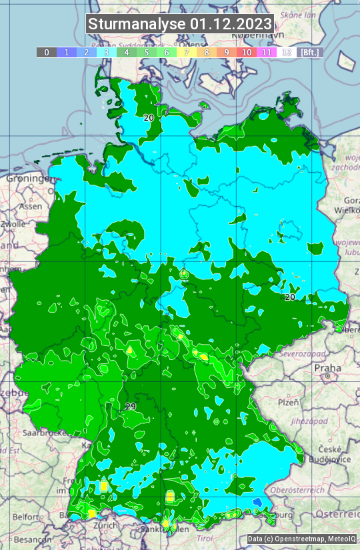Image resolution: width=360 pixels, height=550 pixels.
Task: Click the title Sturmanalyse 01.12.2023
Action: (x=180, y=24)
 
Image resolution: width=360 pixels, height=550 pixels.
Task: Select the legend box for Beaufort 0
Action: (x=46, y=52)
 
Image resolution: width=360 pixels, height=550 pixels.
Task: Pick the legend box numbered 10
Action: (x=247, y=52)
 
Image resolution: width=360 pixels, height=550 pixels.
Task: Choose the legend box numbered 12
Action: (x=287, y=52)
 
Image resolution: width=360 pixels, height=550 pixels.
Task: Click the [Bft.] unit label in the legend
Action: (x=309, y=52)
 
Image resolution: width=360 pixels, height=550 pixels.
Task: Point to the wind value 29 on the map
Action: (x=131, y=406)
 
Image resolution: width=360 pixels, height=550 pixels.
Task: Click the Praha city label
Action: (x=327, y=367)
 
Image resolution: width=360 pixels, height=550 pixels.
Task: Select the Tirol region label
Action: (x=205, y=537)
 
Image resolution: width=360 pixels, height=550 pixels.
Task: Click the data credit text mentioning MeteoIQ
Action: (x=301, y=539)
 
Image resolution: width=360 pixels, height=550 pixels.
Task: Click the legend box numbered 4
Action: (x=127, y=52)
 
